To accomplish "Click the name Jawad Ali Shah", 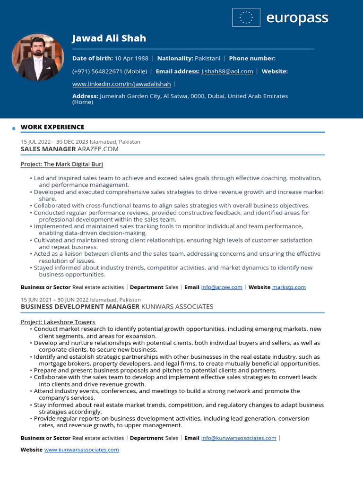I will (109, 38).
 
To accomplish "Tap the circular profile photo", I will (38, 58).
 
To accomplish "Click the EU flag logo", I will (246, 17).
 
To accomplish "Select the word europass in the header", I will (297, 18).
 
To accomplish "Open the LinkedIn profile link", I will (121, 84).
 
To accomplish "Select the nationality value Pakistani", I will (207, 58).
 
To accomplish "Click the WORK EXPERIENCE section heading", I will (52, 127).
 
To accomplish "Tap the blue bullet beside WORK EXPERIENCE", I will (14, 128).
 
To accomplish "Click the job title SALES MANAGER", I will (48, 149).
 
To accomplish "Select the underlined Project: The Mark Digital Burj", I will (61, 164).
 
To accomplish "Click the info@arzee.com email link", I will (222, 287).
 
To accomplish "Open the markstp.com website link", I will (289, 287).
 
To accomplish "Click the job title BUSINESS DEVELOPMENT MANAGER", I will (80, 306).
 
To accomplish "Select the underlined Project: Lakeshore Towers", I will (58, 322).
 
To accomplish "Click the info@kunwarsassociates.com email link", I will (239, 438).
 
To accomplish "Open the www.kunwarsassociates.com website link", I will (81, 449).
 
